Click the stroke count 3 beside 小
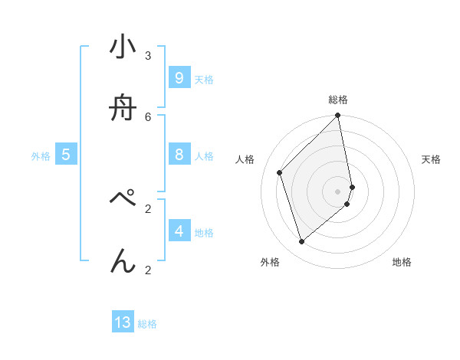click(148, 55)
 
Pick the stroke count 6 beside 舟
click(148, 116)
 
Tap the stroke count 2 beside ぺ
click(148, 208)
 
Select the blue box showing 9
click(179, 78)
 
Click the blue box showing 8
click(179, 155)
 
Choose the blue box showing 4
click(179, 231)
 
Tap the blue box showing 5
click(66, 155)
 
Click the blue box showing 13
click(123, 322)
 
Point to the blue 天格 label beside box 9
click(204, 80)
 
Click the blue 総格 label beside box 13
click(147, 324)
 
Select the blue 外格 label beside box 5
click(41, 156)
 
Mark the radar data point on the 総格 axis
click(337, 116)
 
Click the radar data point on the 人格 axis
click(280, 172)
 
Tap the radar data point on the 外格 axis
click(302, 242)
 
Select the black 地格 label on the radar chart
click(402, 263)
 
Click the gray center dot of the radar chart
click(338, 191)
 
